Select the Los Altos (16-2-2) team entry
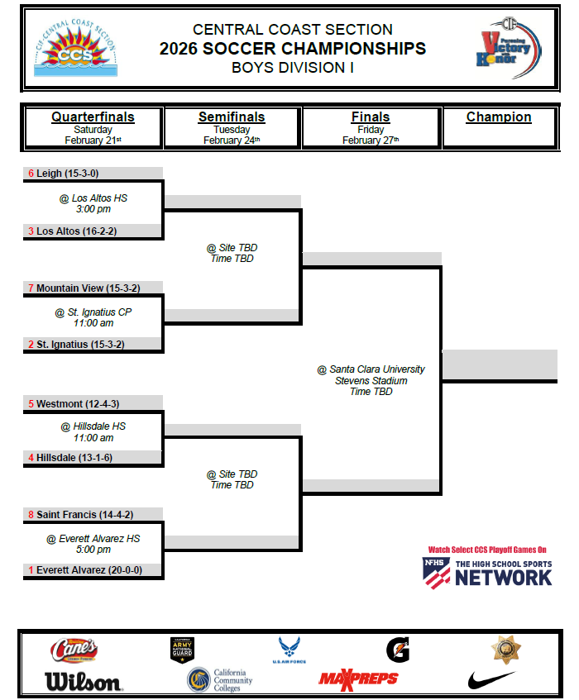77,231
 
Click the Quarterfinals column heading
93,117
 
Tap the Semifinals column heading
232,117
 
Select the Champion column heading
499,117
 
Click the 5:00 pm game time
93,549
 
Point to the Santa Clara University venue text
371,369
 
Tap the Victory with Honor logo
508,49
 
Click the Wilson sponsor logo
83,681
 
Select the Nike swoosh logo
491,680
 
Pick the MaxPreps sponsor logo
358,679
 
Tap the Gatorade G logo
397,650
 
